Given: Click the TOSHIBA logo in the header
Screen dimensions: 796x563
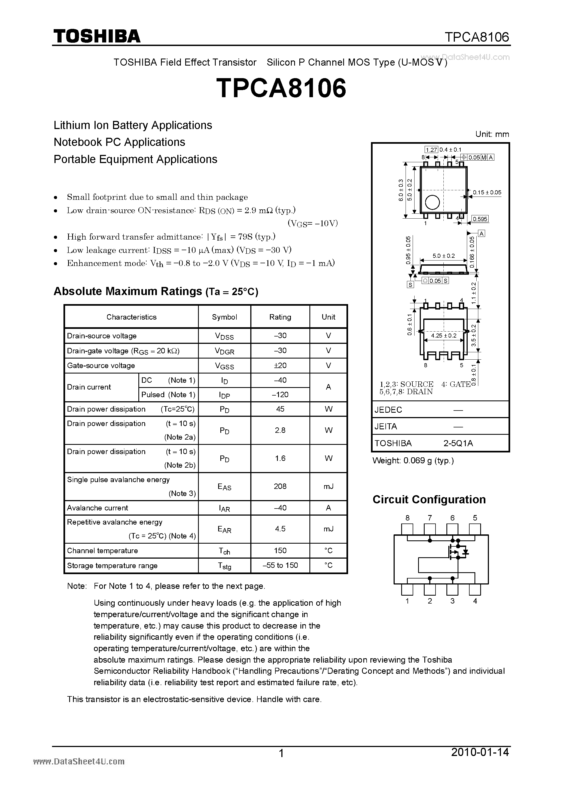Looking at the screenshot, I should (x=97, y=36).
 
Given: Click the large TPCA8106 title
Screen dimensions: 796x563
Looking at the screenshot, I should (x=281, y=88).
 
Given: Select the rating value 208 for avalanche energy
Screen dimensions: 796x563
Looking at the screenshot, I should (x=280, y=486).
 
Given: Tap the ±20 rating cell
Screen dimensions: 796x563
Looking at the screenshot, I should (x=280, y=365).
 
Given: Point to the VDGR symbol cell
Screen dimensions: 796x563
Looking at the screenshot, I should (x=224, y=351).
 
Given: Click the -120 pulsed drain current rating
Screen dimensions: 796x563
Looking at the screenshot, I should (x=280, y=394).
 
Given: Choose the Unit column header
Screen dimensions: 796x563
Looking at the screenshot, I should (x=328, y=317).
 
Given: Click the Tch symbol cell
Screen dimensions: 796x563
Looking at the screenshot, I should (x=224, y=551).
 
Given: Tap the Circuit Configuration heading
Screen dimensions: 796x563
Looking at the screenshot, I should (x=429, y=500).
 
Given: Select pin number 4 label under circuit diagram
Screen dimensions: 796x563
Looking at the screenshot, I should (x=475, y=601).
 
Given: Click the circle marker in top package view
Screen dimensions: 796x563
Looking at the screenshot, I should (x=432, y=202).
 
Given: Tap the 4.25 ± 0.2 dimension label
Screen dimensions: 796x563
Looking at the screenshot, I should (x=444, y=336).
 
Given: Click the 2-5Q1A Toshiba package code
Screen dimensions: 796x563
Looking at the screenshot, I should (x=458, y=443).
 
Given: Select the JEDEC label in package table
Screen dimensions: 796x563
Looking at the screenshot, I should (x=388, y=410).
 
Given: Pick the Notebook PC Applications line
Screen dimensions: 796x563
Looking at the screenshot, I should (x=119, y=142).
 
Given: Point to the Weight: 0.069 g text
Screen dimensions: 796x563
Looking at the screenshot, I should (x=413, y=461).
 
